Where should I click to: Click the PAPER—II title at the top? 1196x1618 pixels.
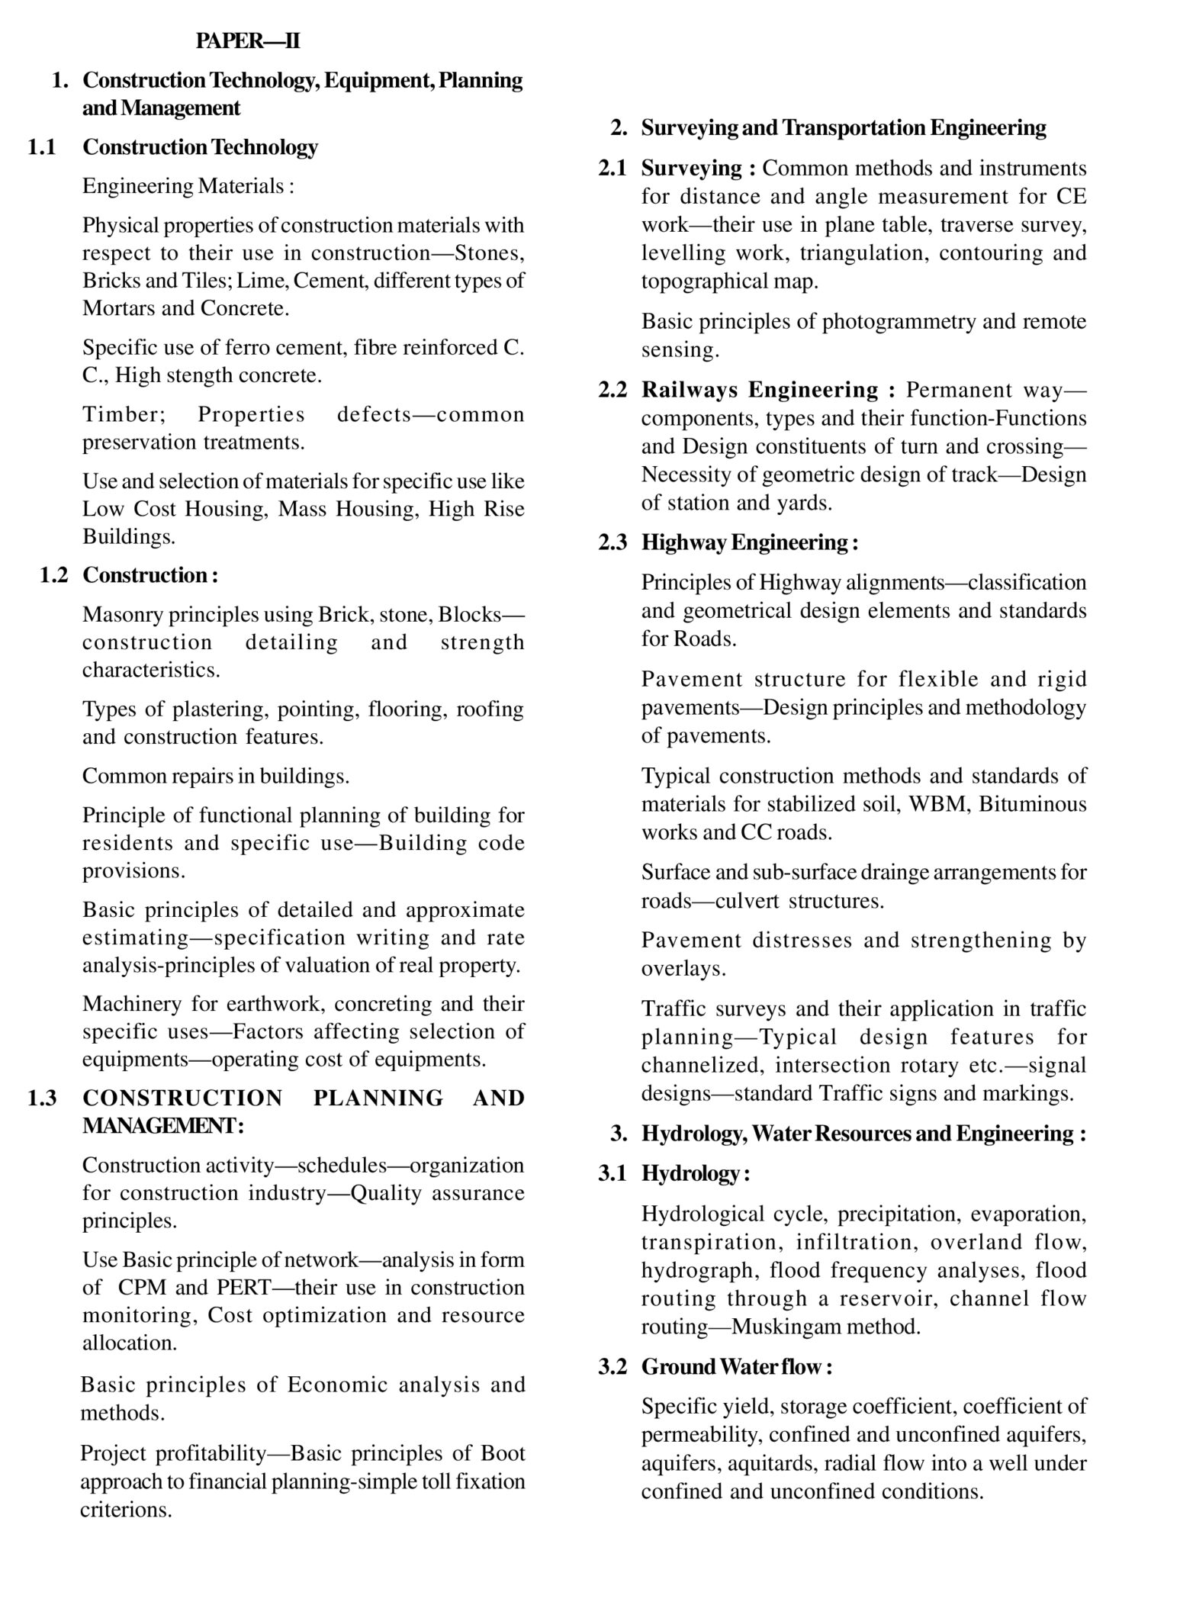click(x=247, y=41)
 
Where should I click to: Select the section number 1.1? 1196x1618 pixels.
click(x=41, y=146)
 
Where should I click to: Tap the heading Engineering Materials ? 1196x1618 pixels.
click(x=188, y=186)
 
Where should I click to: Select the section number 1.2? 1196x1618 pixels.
click(x=53, y=574)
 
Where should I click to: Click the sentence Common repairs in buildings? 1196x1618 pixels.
click(x=216, y=776)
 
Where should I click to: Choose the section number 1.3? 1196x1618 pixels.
click(x=41, y=1098)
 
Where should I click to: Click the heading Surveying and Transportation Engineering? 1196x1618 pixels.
click(x=843, y=127)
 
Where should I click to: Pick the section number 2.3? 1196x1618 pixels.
click(x=612, y=542)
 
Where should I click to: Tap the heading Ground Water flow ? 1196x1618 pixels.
click(x=736, y=1366)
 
